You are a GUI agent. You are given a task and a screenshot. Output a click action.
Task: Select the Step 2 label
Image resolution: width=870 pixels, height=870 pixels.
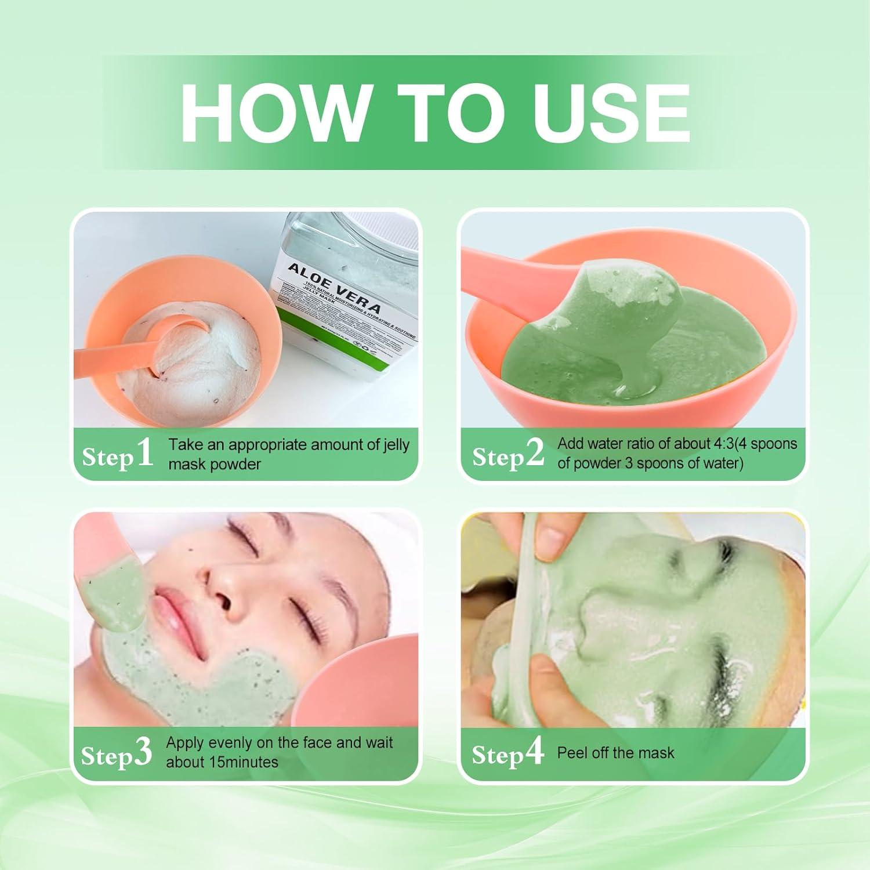pos(508,454)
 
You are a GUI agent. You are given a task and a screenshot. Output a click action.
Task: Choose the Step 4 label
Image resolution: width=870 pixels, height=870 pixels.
pos(507,753)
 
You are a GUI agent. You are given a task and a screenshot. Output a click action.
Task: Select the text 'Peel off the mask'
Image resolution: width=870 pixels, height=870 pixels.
pos(615,753)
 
